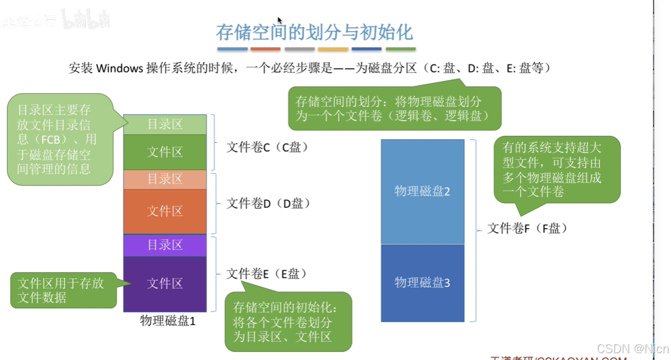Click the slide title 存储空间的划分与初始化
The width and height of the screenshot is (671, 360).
tap(314, 32)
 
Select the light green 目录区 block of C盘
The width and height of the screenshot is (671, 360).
tap(165, 124)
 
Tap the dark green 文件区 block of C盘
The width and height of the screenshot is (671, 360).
tap(165, 152)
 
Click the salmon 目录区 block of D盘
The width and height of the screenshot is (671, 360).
tap(165, 179)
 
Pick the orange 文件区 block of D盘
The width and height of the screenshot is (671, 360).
tap(165, 211)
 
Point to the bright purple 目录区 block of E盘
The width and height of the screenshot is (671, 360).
tap(165, 245)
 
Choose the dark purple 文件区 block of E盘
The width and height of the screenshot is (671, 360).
tap(165, 284)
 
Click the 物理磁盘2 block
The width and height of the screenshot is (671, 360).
tap(422, 192)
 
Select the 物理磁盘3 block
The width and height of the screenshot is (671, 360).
tap(422, 282)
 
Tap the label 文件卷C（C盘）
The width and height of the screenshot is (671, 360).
tap(268, 147)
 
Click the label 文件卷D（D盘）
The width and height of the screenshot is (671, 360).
tap(268, 203)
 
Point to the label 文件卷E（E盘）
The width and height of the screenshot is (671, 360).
tap(267, 274)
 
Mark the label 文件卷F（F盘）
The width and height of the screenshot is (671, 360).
tap(528, 229)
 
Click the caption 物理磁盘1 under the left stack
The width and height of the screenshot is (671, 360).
tap(168, 321)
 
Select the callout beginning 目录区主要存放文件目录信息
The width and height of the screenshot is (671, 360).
tap(59, 139)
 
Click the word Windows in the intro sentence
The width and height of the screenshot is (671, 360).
tap(119, 69)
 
